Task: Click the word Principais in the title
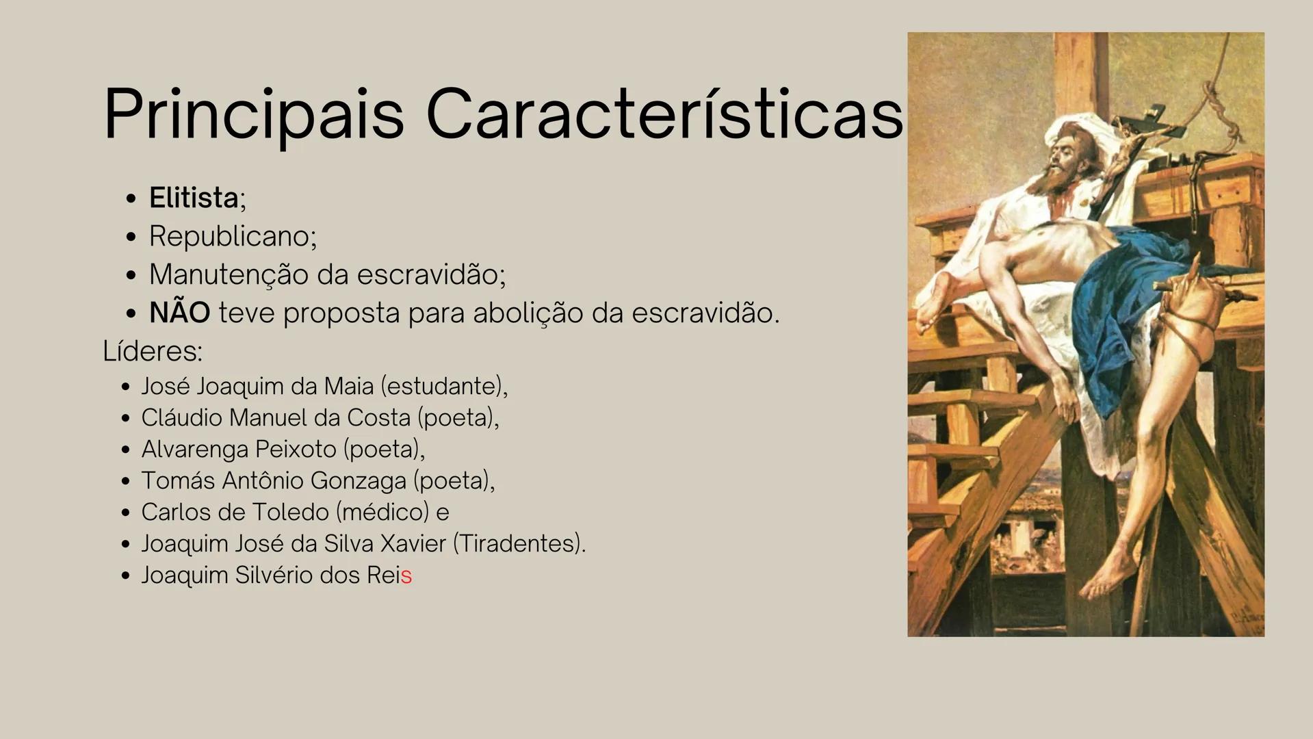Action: pos(254,114)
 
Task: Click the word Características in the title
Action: pos(664,114)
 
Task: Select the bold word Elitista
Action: pos(194,198)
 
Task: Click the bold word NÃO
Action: pos(179,313)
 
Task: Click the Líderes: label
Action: pos(153,352)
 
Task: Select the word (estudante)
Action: pos(443,387)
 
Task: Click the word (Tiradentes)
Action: pos(518,544)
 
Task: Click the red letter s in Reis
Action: pos(406,576)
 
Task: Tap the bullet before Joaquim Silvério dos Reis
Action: pos(125,576)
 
